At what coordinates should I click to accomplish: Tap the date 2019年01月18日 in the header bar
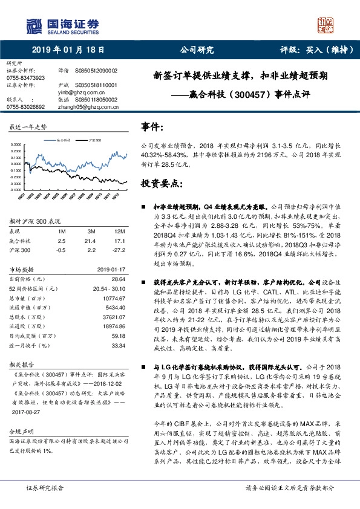pyautogui.click(x=68, y=51)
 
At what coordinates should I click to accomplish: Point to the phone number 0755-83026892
pyautogui.click(x=25, y=106)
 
